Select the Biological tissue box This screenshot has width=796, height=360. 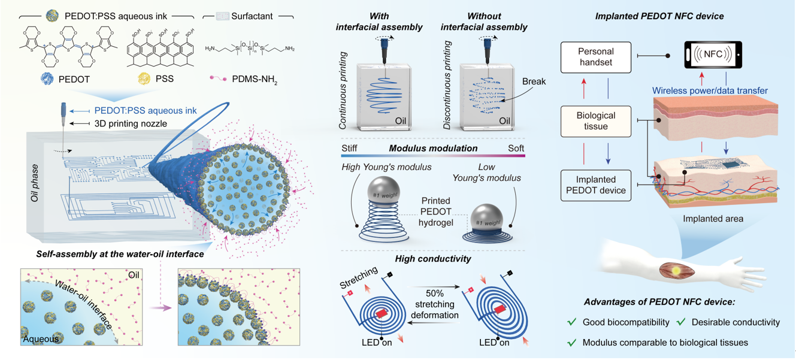tap(597, 122)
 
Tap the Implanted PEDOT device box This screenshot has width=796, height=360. tap(597, 185)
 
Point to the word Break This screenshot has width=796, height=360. tap(534, 81)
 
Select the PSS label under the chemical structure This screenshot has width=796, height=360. tap(165, 78)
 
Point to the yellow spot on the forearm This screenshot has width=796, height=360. tap(676, 270)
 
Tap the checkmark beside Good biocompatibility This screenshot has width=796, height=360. tap(572, 322)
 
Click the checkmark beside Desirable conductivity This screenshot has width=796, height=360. tap(681, 322)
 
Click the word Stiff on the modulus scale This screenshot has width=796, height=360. tap(349, 147)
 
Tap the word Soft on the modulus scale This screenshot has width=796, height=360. tap(514, 147)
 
